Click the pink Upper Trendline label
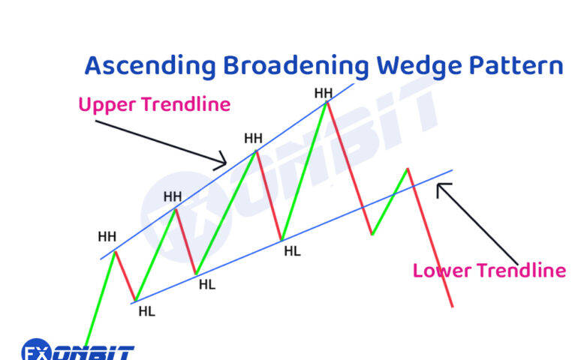click(x=154, y=105)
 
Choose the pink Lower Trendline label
click(x=489, y=270)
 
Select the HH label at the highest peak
click(x=323, y=93)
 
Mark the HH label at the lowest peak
click(x=107, y=237)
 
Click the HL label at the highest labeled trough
click(x=292, y=251)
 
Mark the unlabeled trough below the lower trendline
click(x=372, y=235)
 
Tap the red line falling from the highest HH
click(x=349, y=169)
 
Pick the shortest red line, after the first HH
click(x=125, y=277)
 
